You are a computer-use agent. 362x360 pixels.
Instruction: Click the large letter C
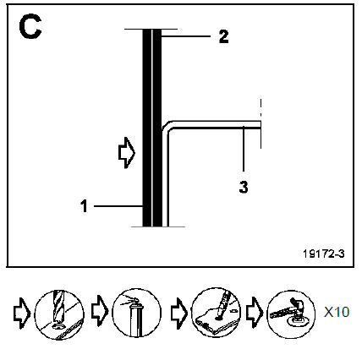coord(30,27)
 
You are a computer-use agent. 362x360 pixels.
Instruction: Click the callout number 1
coord(84,206)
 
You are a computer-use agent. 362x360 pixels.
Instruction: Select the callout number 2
coord(223,36)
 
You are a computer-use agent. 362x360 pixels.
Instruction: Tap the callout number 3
coord(244,187)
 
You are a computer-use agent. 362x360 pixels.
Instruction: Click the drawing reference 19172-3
coord(324,254)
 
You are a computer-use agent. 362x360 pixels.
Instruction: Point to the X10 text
coord(337,312)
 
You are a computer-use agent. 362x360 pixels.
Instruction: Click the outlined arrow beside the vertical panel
coord(127,153)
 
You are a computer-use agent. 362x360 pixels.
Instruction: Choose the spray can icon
coord(137,313)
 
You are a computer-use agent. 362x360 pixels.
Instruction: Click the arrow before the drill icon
coord(22,314)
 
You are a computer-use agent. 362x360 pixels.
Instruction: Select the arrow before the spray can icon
coord(100,311)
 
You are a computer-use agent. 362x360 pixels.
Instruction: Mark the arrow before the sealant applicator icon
coord(179,314)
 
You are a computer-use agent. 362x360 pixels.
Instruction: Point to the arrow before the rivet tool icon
coord(255,313)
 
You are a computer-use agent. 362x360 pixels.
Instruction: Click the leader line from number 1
coord(118,206)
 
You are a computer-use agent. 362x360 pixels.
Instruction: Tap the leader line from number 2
coord(186,36)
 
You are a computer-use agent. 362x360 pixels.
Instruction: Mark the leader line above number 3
coord(244,149)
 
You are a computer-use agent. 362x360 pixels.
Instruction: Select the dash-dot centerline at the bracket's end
coord(261,123)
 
